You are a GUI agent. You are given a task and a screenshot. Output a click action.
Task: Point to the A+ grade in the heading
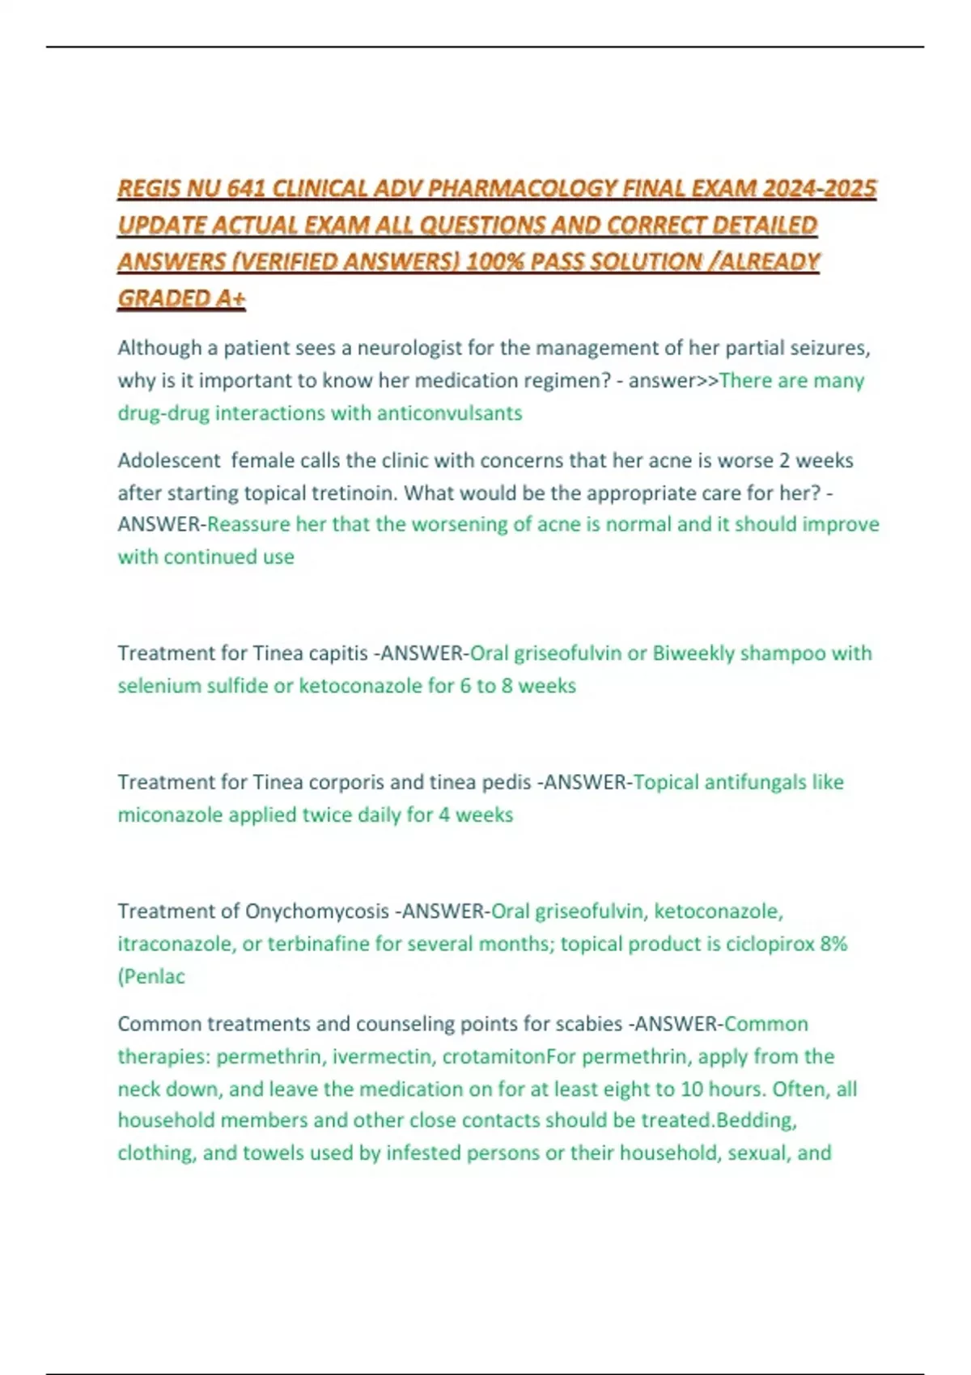click(230, 298)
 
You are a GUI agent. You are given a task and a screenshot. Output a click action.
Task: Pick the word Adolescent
click(168, 460)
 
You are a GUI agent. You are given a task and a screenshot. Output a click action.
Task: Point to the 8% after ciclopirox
click(832, 944)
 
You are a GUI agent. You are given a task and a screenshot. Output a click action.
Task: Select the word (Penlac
click(151, 976)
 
